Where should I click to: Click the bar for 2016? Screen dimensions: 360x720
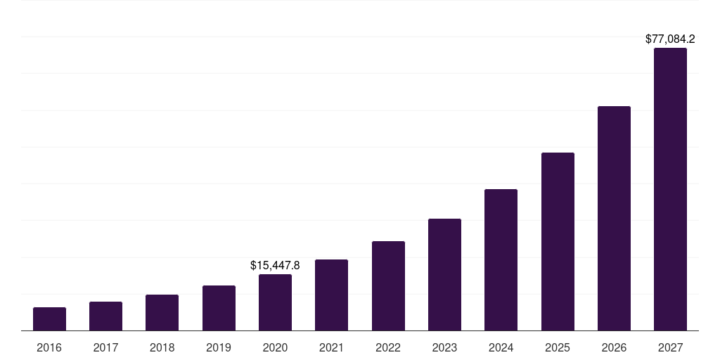point(49,319)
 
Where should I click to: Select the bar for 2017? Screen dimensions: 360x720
point(105,316)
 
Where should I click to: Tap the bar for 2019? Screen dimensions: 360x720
point(219,308)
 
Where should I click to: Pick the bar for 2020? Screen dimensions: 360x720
point(275,302)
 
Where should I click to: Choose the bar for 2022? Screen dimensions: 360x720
point(388,286)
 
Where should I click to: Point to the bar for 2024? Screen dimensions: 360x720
point(501,260)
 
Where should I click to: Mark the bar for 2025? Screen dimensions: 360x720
point(558,242)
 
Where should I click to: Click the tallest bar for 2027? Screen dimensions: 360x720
point(670,189)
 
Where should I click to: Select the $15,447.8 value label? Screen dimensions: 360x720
point(275,266)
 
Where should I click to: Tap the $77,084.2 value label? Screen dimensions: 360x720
point(670,39)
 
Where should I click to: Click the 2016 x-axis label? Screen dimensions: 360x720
point(49,347)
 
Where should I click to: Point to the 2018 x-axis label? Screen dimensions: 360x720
point(162,347)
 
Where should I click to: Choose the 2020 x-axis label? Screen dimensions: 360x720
point(275,347)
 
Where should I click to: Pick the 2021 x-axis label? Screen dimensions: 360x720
point(331,347)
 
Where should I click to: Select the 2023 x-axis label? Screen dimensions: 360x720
point(444,347)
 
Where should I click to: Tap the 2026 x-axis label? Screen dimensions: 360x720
point(614,347)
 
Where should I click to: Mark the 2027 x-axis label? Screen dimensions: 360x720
point(670,347)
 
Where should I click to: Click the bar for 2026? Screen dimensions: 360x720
point(614,219)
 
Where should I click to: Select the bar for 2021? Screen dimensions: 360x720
point(331,295)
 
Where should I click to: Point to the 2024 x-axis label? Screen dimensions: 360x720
point(501,347)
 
